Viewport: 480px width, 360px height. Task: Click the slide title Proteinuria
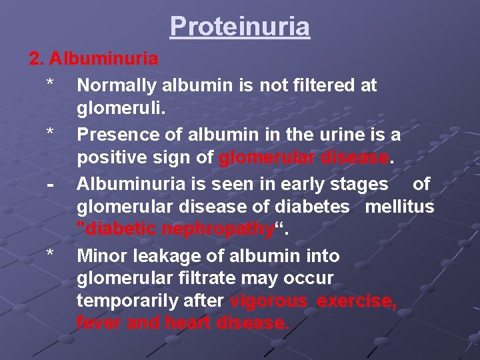tap(240, 27)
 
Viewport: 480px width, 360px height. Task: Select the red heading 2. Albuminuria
tap(93, 59)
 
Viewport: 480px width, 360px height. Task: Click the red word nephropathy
tap(224, 230)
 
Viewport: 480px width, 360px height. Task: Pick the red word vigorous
tap(269, 301)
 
